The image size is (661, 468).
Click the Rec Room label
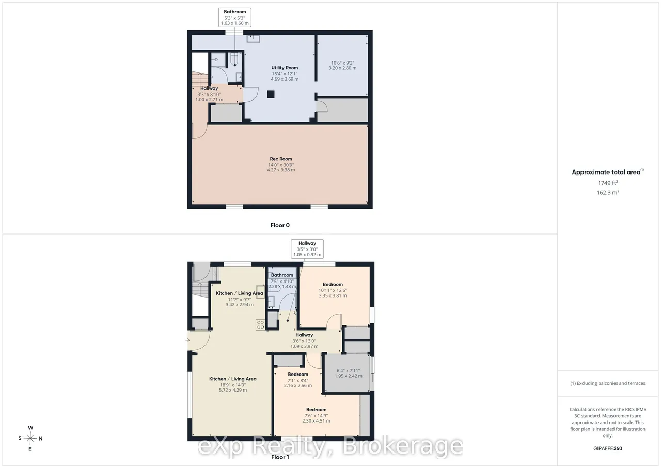[280, 159]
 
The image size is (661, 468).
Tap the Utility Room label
[285, 68]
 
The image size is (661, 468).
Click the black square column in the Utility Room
[271, 94]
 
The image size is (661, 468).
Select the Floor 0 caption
[280, 225]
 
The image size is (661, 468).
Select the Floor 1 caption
[280, 457]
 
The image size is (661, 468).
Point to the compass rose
[30, 438]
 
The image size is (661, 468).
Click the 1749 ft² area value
[608, 183]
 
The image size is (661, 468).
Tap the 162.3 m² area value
[608, 192]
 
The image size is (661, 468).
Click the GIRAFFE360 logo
[608, 448]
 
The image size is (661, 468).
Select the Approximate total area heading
[608, 172]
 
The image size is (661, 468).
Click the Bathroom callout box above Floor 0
[234, 18]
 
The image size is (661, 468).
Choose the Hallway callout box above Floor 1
[307, 249]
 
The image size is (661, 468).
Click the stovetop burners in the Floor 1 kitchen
[260, 325]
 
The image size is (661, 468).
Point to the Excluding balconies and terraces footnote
[608, 383]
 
